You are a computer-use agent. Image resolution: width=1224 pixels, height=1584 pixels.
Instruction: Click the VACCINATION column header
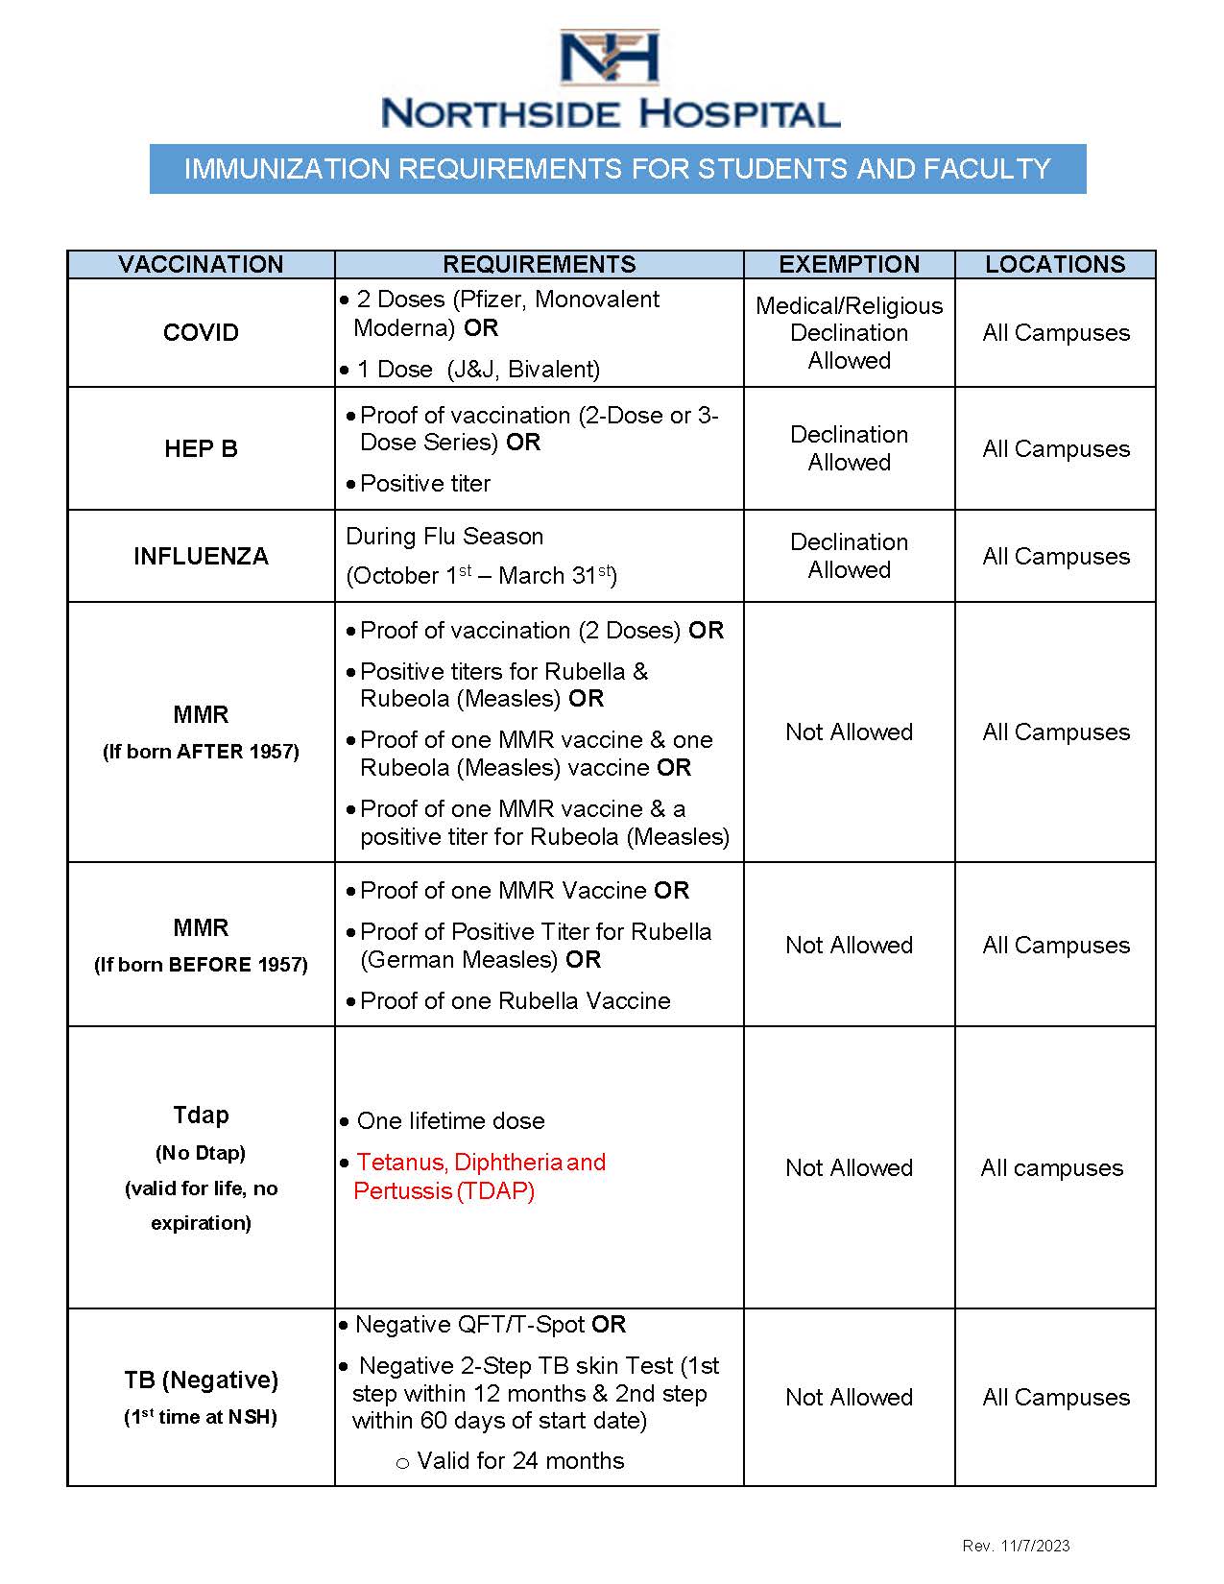coord(201,265)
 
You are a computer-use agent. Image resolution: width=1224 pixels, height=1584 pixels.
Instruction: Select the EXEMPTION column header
coord(849,265)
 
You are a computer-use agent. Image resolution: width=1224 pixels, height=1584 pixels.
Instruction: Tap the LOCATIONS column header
coord(1055,265)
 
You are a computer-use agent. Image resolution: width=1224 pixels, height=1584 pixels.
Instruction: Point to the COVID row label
coord(201,333)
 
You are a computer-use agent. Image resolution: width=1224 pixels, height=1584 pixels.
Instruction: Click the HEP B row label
coord(201,448)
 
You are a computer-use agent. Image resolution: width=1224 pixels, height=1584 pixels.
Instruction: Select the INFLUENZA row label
coord(201,557)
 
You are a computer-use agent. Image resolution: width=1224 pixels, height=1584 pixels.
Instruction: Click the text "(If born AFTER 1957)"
coord(201,752)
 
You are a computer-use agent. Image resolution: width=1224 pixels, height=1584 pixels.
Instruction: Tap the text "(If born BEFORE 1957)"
coord(201,965)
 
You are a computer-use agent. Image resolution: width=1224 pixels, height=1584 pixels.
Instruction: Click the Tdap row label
coord(201,1116)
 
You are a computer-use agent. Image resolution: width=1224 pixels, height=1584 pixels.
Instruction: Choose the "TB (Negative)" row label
coord(201,1380)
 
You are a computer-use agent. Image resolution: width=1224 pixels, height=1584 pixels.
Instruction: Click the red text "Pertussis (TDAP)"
coord(444,1191)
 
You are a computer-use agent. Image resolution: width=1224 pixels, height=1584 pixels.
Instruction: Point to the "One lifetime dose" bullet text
coord(450,1121)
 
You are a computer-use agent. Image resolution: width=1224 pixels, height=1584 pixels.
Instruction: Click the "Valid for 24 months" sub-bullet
coord(520,1461)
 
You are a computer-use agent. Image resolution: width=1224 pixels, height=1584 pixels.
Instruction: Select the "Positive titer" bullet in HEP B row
coord(425,484)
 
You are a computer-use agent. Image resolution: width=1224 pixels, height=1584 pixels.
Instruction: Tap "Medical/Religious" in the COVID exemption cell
coord(849,306)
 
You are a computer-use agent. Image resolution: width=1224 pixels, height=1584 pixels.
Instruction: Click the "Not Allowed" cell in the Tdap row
coord(849,1168)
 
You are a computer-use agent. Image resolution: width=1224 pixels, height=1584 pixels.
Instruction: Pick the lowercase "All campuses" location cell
coord(1052,1168)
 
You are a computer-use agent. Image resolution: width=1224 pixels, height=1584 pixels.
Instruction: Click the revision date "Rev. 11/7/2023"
coord(1016,1546)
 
